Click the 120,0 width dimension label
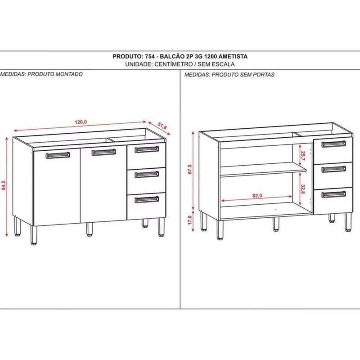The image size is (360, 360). click(81, 122)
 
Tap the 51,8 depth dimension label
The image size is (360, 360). click(162, 126)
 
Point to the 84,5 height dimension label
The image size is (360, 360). click(4, 185)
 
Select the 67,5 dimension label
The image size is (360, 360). click(190, 169)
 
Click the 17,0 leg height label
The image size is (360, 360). click(189, 220)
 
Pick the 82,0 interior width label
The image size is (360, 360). click(257, 196)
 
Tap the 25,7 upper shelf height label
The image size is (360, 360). click(303, 156)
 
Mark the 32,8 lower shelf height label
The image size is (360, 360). click(303, 189)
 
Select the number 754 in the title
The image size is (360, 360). click(150, 57)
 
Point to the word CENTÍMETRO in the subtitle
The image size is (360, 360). click(174, 64)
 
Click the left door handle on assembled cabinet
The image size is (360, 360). click(58, 155)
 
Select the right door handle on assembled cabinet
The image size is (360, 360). click(104, 152)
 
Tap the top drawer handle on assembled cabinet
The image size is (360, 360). click(147, 149)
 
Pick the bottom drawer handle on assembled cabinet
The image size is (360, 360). click(147, 199)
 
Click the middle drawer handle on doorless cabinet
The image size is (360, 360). click(333, 169)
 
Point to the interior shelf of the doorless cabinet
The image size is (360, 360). click(263, 170)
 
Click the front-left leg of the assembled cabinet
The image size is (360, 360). click(34, 235)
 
